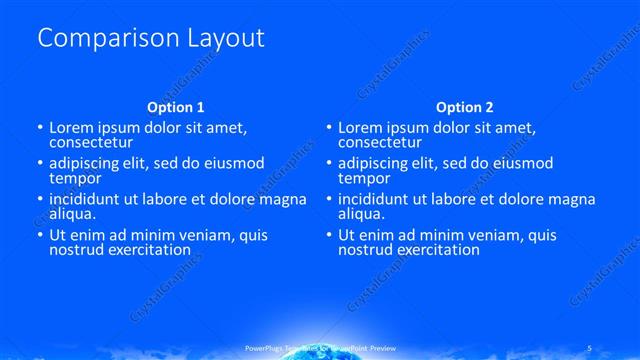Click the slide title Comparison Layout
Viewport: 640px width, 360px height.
[151, 38]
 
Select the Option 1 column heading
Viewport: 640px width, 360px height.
[176, 106]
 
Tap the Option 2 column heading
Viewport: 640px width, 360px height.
[465, 106]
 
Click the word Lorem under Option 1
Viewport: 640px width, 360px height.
[71, 127]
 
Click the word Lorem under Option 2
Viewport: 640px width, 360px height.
[360, 127]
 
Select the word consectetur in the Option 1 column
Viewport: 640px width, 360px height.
[91, 142]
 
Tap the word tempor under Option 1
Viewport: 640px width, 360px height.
[73, 178]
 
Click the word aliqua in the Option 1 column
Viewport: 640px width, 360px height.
[72, 213]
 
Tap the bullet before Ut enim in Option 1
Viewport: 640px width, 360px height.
[39, 235]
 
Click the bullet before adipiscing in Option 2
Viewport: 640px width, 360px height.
[328, 163]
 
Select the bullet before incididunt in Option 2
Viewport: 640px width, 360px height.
[328, 199]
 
